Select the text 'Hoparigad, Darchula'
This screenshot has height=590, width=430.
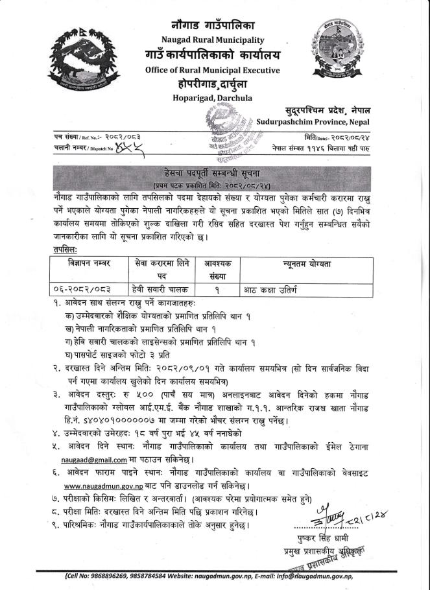pos(214,98)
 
